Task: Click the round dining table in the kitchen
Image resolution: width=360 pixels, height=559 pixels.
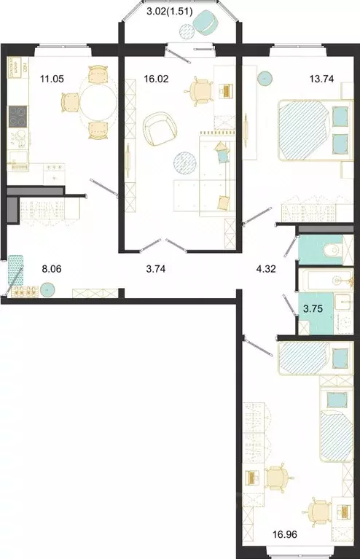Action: click(98, 101)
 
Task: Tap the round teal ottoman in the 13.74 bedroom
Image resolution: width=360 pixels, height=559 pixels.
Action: click(265, 75)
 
